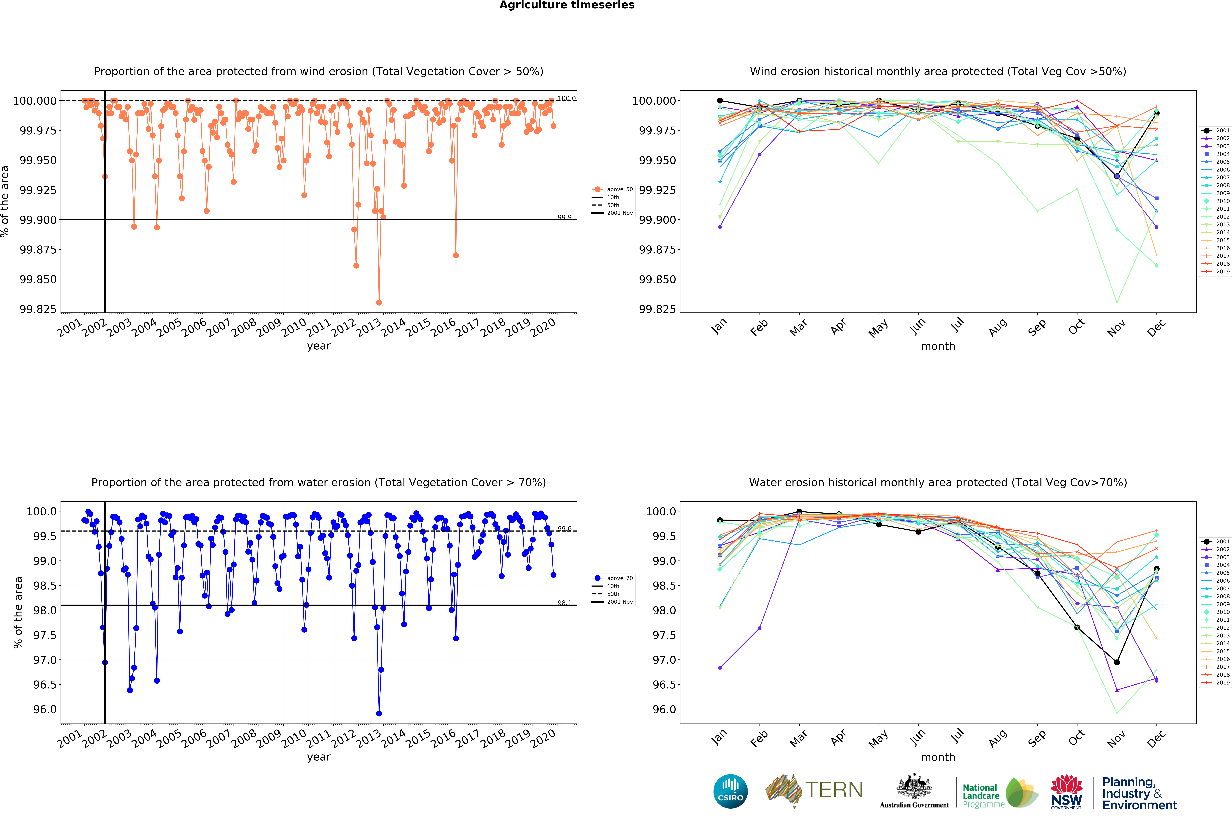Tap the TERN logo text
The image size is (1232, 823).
tap(834, 790)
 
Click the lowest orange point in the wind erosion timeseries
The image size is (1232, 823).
tap(379, 303)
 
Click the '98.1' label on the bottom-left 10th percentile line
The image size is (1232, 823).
tap(564, 603)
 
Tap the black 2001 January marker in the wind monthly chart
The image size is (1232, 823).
tap(720, 101)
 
